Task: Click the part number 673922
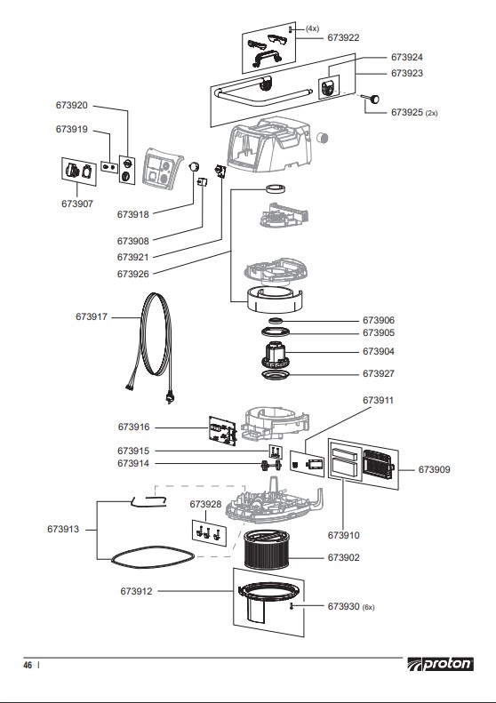[343, 37]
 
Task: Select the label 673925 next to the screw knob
[408, 113]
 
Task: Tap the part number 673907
[77, 203]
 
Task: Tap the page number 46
[28, 665]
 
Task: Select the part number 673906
[379, 320]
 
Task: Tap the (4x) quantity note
[312, 28]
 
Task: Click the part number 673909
[435, 468]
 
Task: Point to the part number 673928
[205, 504]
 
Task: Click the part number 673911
[379, 400]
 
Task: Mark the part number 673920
[72, 105]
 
